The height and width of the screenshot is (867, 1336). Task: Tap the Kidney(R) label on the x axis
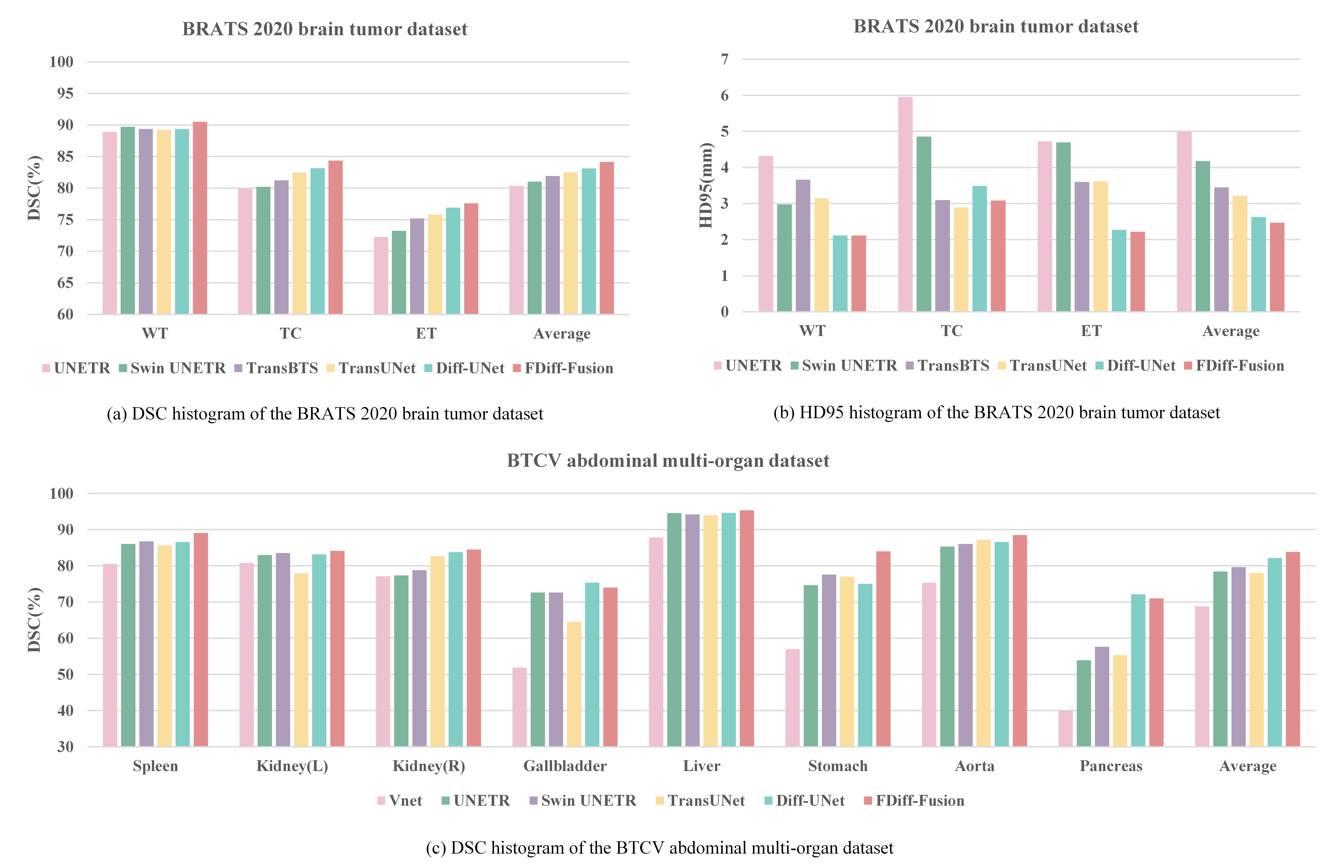click(429, 766)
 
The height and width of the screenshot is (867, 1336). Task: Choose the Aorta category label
click(974, 766)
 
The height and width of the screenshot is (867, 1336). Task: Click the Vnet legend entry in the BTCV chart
click(400, 801)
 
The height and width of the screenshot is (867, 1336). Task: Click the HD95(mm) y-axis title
click(706, 185)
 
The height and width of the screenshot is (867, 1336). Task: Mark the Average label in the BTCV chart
click(1247, 766)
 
